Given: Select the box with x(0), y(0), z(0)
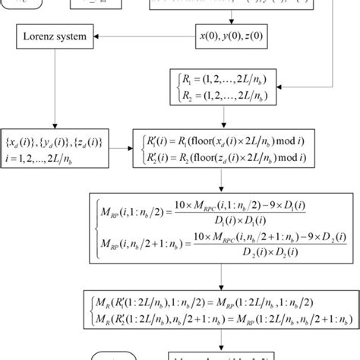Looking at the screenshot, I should click(227, 35).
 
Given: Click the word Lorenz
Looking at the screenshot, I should click(39, 35).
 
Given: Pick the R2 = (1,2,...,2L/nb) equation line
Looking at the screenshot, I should click(220, 96).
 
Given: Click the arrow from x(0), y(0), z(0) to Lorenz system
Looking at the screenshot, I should click(144, 35).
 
